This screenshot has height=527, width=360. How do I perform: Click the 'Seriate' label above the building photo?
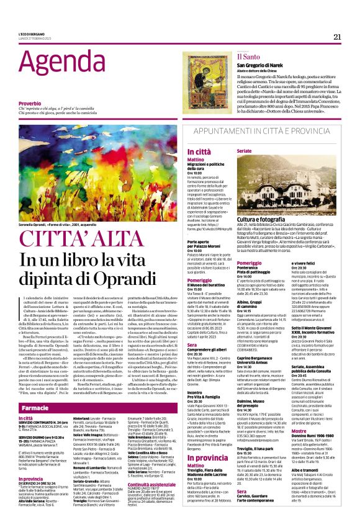click(x=245, y=151)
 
